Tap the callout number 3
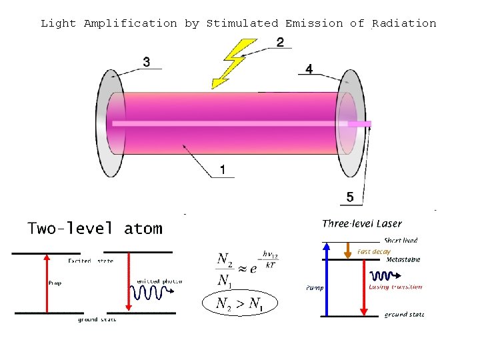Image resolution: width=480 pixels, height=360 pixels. tap(147, 62)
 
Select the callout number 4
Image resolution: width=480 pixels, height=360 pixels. tap(309, 69)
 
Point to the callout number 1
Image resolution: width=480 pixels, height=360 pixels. tap(222, 171)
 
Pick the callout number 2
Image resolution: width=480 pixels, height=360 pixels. tap(280, 42)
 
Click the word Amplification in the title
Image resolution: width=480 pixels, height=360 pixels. tap(131, 23)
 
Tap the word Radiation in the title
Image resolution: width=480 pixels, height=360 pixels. tap(404, 23)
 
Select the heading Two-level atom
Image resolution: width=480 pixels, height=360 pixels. tap(95, 229)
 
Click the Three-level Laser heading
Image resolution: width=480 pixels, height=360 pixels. tap(362, 223)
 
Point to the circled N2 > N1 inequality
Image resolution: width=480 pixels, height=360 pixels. tap(239, 305)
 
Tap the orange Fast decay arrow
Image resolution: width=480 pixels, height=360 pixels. tap(347, 250)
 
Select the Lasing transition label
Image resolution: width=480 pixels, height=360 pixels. tap(395, 287)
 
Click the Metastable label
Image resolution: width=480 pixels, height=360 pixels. tap(403, 260)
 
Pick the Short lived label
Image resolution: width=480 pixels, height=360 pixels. tap(401, 240)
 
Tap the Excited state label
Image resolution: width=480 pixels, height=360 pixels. tap(91, 261)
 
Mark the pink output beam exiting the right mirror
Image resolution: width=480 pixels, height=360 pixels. tap(360, 124)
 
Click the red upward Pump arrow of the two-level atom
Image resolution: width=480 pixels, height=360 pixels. tap(46, 283)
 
